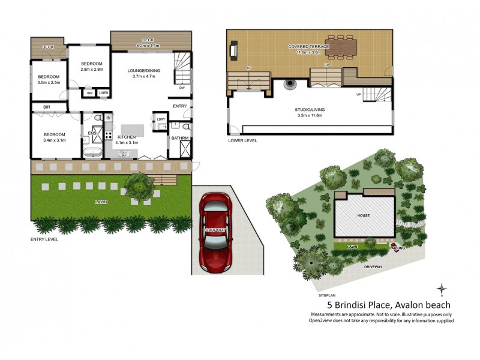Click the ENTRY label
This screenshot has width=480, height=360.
click(x=179, y=106)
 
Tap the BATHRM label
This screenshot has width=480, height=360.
click(x=179, y=138)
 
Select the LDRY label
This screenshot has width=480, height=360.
click(x=160, y=119)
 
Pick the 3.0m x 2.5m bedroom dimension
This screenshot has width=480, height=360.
click(x=49, y=82)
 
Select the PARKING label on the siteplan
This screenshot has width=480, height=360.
click(x=396, y=247)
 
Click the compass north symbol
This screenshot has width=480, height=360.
click(x=442, y=289)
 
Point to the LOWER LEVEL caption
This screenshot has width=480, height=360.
click(x=242, y=140)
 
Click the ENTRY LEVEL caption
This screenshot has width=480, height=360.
click(x=44, y=239)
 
